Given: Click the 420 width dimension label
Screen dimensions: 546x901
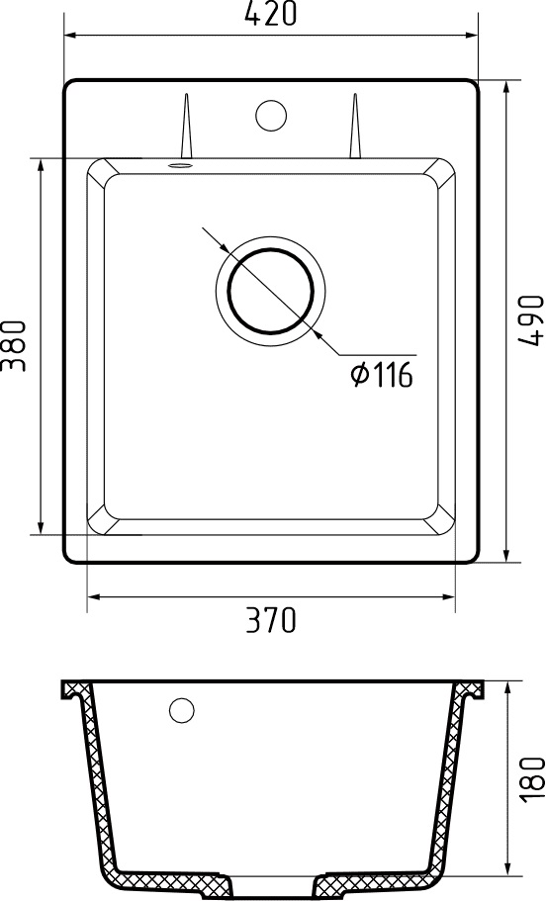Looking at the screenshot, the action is tap(271, 14).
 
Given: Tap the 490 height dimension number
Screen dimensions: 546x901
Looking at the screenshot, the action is tap(531, 320).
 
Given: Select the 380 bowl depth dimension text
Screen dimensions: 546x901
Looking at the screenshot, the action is tap(14, 346).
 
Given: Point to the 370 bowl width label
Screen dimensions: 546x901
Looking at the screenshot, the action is tap(271, 620).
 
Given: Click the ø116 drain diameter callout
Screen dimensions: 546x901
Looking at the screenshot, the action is tap(382, 375).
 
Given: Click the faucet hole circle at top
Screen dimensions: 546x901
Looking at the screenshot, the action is tap(271, 115).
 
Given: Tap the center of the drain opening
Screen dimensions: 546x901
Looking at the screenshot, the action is tap(271, 291).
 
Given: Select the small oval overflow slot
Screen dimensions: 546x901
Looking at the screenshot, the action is tap(180, 166).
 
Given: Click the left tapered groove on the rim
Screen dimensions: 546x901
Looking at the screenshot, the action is tap(186, 126).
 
